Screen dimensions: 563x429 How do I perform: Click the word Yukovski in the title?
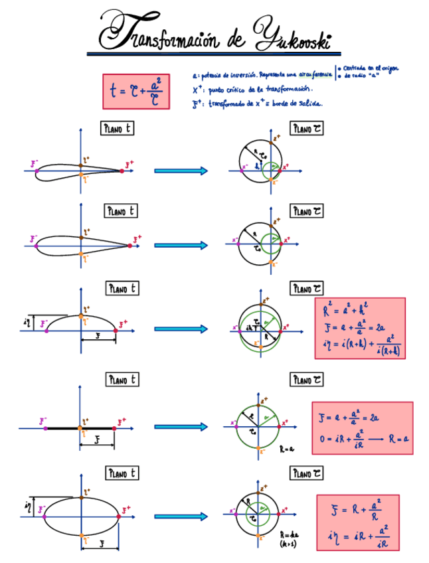[x=293, y=33]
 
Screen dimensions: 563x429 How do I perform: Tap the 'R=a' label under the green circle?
[x=287, y=449]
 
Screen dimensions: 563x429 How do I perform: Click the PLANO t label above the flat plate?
[x=122, y=379]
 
